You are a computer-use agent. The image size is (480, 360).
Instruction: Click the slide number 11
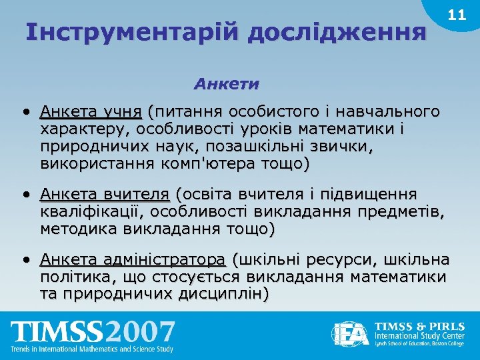coord(457,15)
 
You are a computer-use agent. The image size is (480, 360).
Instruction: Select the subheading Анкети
coord(227,85)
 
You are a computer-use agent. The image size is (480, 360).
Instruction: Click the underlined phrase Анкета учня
coord(91,111)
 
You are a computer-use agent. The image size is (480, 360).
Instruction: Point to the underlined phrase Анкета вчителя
coord(105,194)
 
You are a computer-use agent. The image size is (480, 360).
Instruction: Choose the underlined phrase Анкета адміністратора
coord(133,259)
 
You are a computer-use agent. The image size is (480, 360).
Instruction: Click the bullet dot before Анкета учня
coord(24,111)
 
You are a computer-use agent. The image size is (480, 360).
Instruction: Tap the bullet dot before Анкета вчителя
coord(24,194)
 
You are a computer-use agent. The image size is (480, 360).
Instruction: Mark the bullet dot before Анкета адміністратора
coord(24,259)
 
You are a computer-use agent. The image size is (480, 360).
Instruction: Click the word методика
coord(79,229)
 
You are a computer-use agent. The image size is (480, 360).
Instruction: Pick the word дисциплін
coord(224,294)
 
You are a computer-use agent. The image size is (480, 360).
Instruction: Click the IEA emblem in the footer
coord(351,333)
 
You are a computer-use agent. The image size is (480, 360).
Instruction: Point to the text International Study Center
coord(418,337)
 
